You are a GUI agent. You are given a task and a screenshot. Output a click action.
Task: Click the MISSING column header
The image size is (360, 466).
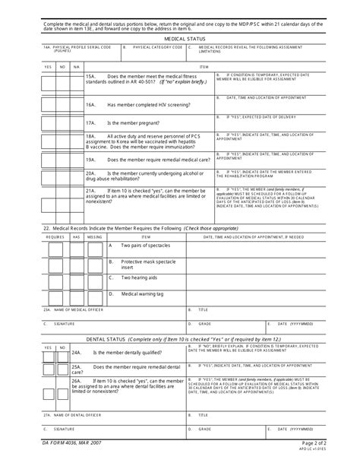(x=93, y=237)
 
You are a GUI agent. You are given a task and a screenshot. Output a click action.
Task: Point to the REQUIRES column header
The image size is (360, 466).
(x=56, y=237)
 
